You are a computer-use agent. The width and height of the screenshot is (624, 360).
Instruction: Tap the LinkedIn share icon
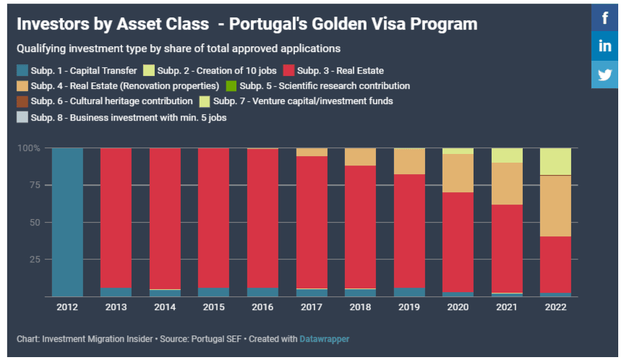pos(604,46)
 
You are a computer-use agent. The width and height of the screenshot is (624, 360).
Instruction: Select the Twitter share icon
pos(604,74)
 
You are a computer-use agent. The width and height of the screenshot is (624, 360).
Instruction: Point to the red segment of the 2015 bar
pos(213,217)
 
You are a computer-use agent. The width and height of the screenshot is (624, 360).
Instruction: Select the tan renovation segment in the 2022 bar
pos(555,206)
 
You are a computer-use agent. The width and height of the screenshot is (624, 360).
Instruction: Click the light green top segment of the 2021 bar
pos(506,155)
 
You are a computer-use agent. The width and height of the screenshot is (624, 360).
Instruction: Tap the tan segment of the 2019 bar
pos(409,161)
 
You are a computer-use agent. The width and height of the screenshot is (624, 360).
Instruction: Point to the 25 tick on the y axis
pos(33,260)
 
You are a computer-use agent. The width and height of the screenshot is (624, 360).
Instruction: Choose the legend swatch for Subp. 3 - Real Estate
pos(289,71)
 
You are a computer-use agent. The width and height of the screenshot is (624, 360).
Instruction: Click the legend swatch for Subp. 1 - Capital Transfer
pos(22,71)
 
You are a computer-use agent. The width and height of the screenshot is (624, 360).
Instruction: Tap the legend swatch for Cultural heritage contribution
pos(22,101)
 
